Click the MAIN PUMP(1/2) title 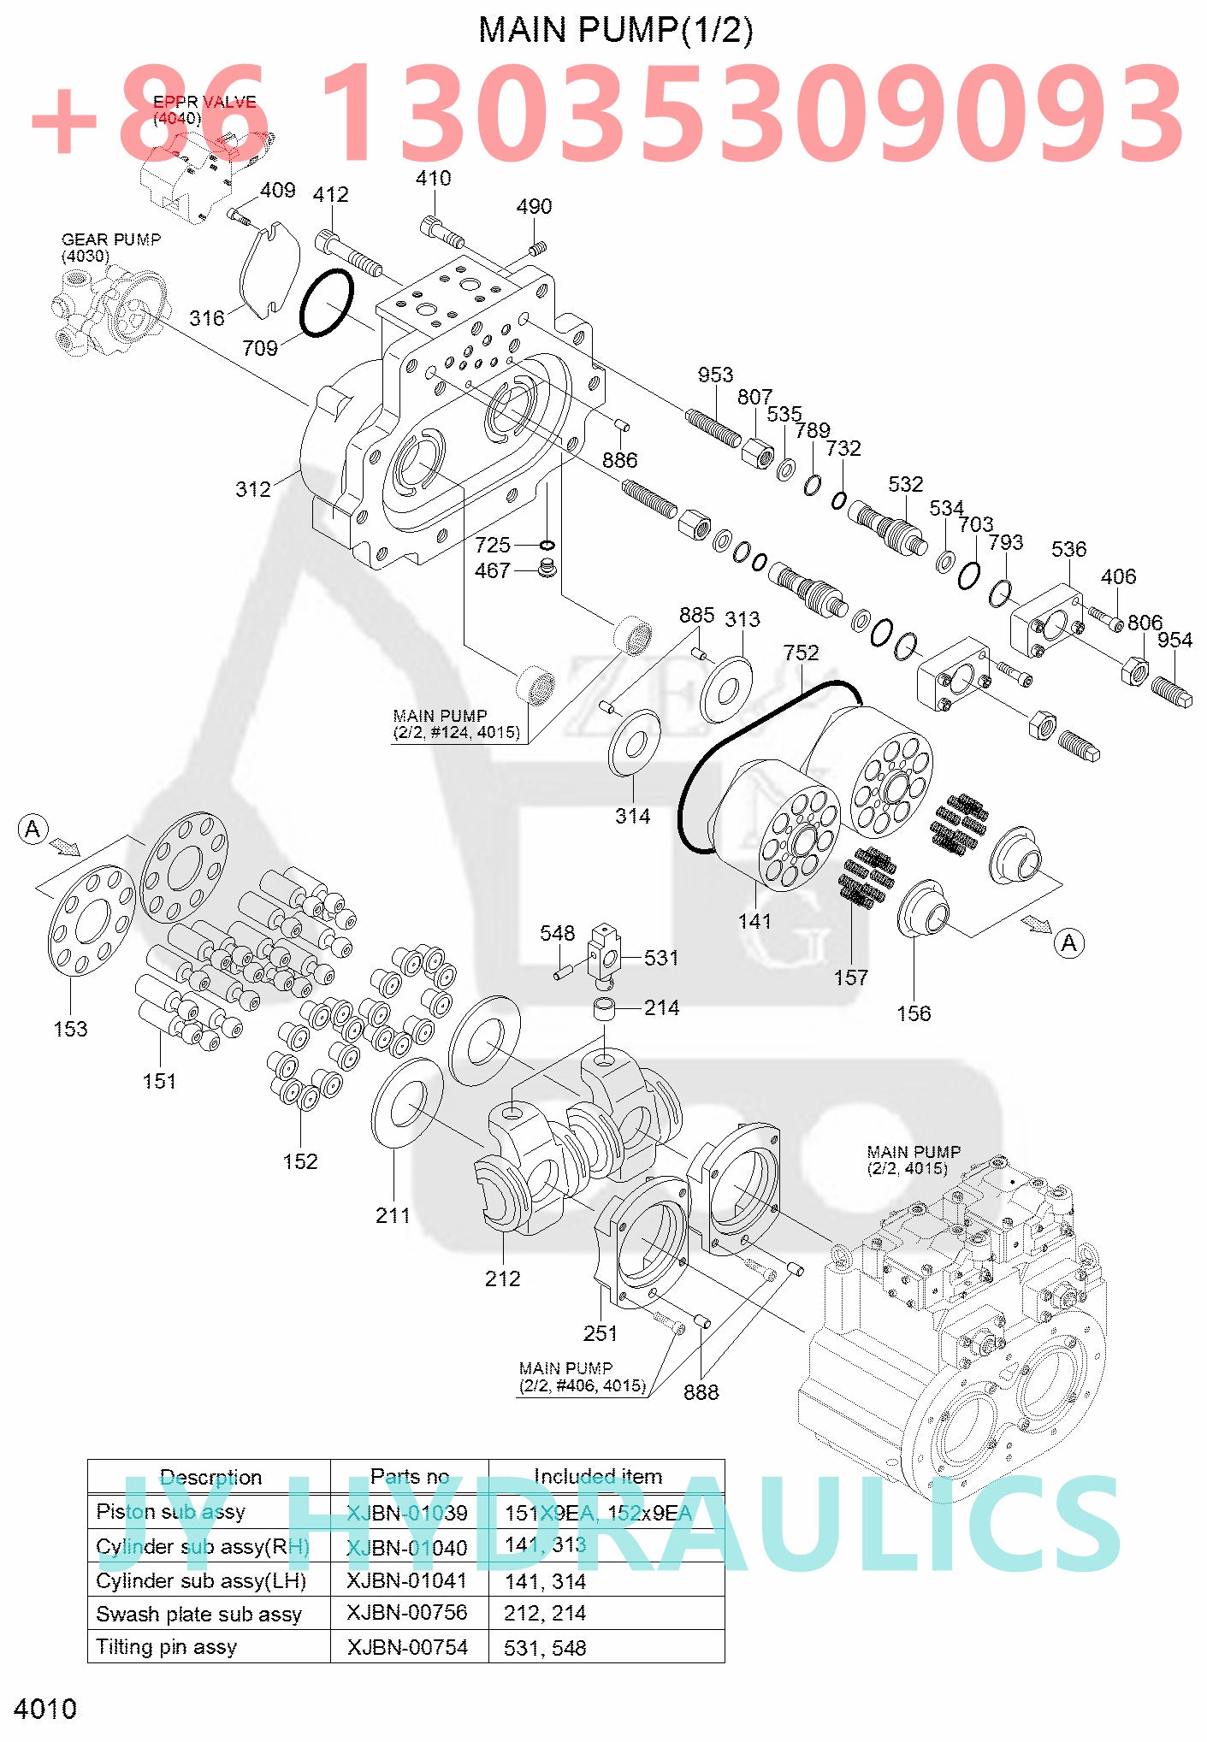tap(615, 30)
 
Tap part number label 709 tap(260, 348)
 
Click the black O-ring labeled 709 tap(326, 303)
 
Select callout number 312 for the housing tap(253, 489)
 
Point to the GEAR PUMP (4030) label tap(110, 247)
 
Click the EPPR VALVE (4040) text tap(204, 109)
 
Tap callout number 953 tap(715, 375)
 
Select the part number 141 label tap(754, 921)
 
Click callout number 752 tap(801, 653)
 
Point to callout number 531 tap(661, 958)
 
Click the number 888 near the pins tap(701, 1392)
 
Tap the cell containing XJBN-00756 tap(408, 1612)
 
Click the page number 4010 tap(45, 1709)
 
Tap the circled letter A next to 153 tap(33, 829)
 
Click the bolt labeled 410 tap(441, 230)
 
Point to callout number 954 tap(1174, 640)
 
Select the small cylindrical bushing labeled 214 tap(605, 1010)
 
